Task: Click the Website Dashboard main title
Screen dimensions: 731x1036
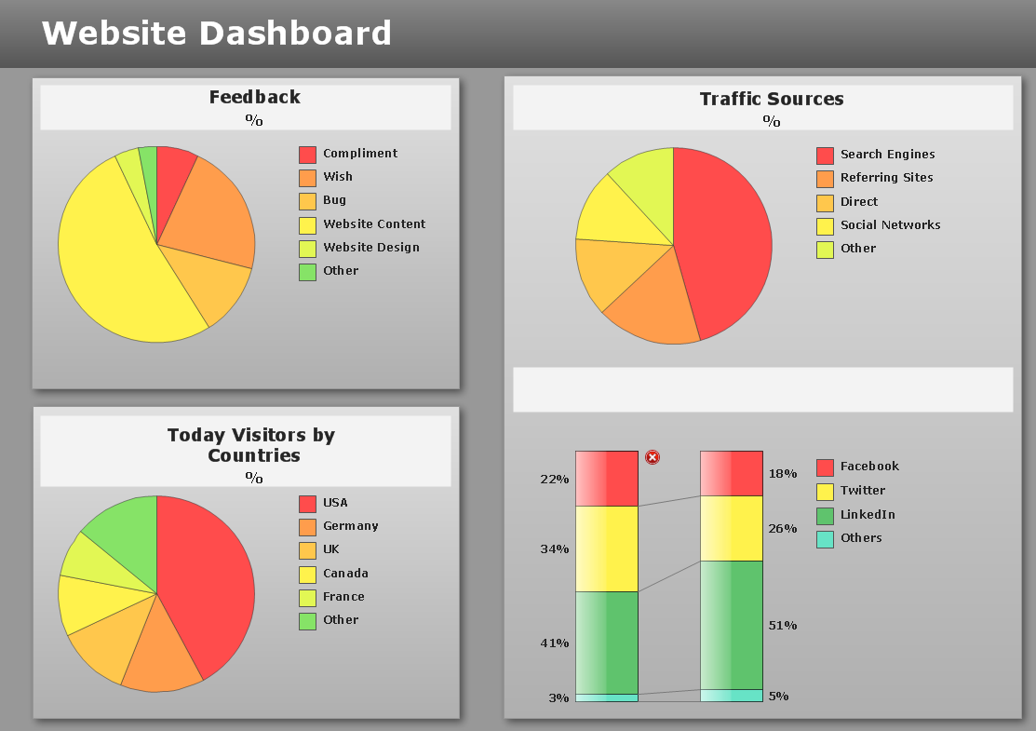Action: pos(216,34)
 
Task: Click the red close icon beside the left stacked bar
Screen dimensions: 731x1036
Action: pos(653,457)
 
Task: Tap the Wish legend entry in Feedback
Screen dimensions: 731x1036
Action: pos(337,177)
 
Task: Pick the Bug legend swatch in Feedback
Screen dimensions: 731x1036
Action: pos(307,201)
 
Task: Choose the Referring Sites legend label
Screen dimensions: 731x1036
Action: pos(886,178)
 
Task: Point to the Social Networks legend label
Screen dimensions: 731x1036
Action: pos(890,225)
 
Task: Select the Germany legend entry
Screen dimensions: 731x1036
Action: pos(350,526)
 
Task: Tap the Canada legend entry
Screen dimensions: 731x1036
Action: pos(345,574)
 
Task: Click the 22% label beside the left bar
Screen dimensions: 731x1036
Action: pos(554,480)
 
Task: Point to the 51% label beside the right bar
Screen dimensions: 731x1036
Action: pos(783,626)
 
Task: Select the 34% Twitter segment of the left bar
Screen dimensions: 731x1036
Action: pos(607,548)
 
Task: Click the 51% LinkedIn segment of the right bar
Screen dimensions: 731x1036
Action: pos(732,625)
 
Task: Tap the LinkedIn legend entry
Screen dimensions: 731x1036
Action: pos(867,515)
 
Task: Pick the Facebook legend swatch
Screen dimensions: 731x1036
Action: pos(825,467)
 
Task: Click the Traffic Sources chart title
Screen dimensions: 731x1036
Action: pos(772,99)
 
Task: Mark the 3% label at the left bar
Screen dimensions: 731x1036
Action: pos(558,698)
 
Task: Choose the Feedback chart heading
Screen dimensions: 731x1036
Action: pos(254,97)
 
